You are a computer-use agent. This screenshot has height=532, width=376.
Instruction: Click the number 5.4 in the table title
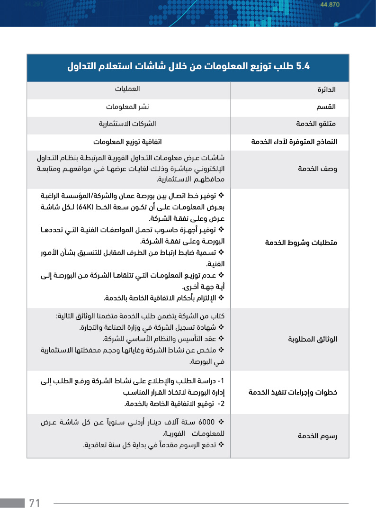coord(302,66)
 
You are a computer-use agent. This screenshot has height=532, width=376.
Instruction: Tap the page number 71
coord(35,503)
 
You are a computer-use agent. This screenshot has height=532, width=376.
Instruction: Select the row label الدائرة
coord(327,90)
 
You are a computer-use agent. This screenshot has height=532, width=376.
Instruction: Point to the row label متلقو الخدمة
coord(316,124)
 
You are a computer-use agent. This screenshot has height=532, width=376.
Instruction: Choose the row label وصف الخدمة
coord(317,169)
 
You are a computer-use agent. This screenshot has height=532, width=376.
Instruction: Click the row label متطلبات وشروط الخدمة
coord(301,243)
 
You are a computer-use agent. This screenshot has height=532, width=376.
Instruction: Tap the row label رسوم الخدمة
coord(317,435)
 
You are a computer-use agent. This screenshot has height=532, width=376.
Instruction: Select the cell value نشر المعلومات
coord(128,106)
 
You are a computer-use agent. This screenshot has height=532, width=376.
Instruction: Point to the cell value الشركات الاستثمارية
coord(127,124)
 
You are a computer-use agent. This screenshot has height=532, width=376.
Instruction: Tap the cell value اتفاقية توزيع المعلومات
coord(128,141)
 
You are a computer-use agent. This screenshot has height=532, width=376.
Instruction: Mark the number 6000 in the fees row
coord(206,422)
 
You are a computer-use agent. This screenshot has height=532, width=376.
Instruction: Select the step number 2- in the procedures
coord(221,404)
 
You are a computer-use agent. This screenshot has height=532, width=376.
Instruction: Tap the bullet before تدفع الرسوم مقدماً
coord(221,445)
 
